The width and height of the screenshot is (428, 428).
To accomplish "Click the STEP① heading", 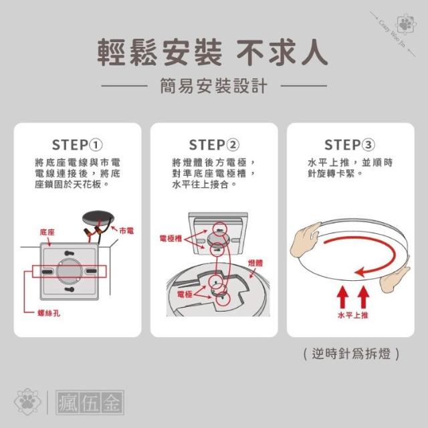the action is coord(78,145).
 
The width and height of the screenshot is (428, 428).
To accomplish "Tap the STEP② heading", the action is coord(214,145).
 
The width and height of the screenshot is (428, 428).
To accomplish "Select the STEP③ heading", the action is coord(350,145).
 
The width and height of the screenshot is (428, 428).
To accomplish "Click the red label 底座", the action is coord(47,232).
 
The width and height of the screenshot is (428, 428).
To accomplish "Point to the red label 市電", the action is coord(126,231).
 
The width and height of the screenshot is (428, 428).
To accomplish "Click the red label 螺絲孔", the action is coord(49,313).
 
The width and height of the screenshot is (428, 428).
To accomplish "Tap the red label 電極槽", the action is coord(171,239).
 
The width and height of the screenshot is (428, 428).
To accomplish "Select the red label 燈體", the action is coord(255,263).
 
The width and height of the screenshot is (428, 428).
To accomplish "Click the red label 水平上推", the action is coord(353,315).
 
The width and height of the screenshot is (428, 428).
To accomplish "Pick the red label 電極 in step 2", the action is coord(185,294).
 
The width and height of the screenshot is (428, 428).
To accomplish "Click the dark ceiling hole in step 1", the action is coord(98,219).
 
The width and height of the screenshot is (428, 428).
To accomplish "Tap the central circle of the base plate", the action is coord(70,271).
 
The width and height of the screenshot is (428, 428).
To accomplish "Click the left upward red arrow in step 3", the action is coord(342,297).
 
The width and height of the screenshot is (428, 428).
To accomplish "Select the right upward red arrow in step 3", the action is coord(363,297).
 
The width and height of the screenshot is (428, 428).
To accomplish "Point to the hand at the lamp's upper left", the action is coord(304,239).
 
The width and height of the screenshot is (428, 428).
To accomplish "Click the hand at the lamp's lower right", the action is coord(394,280).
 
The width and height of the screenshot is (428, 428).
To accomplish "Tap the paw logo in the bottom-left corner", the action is coord(27,401).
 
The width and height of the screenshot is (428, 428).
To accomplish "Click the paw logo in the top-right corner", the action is coord(407,25).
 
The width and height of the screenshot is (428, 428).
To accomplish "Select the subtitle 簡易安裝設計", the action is coord(214,86).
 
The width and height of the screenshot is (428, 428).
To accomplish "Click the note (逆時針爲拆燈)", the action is coord(351,354).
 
